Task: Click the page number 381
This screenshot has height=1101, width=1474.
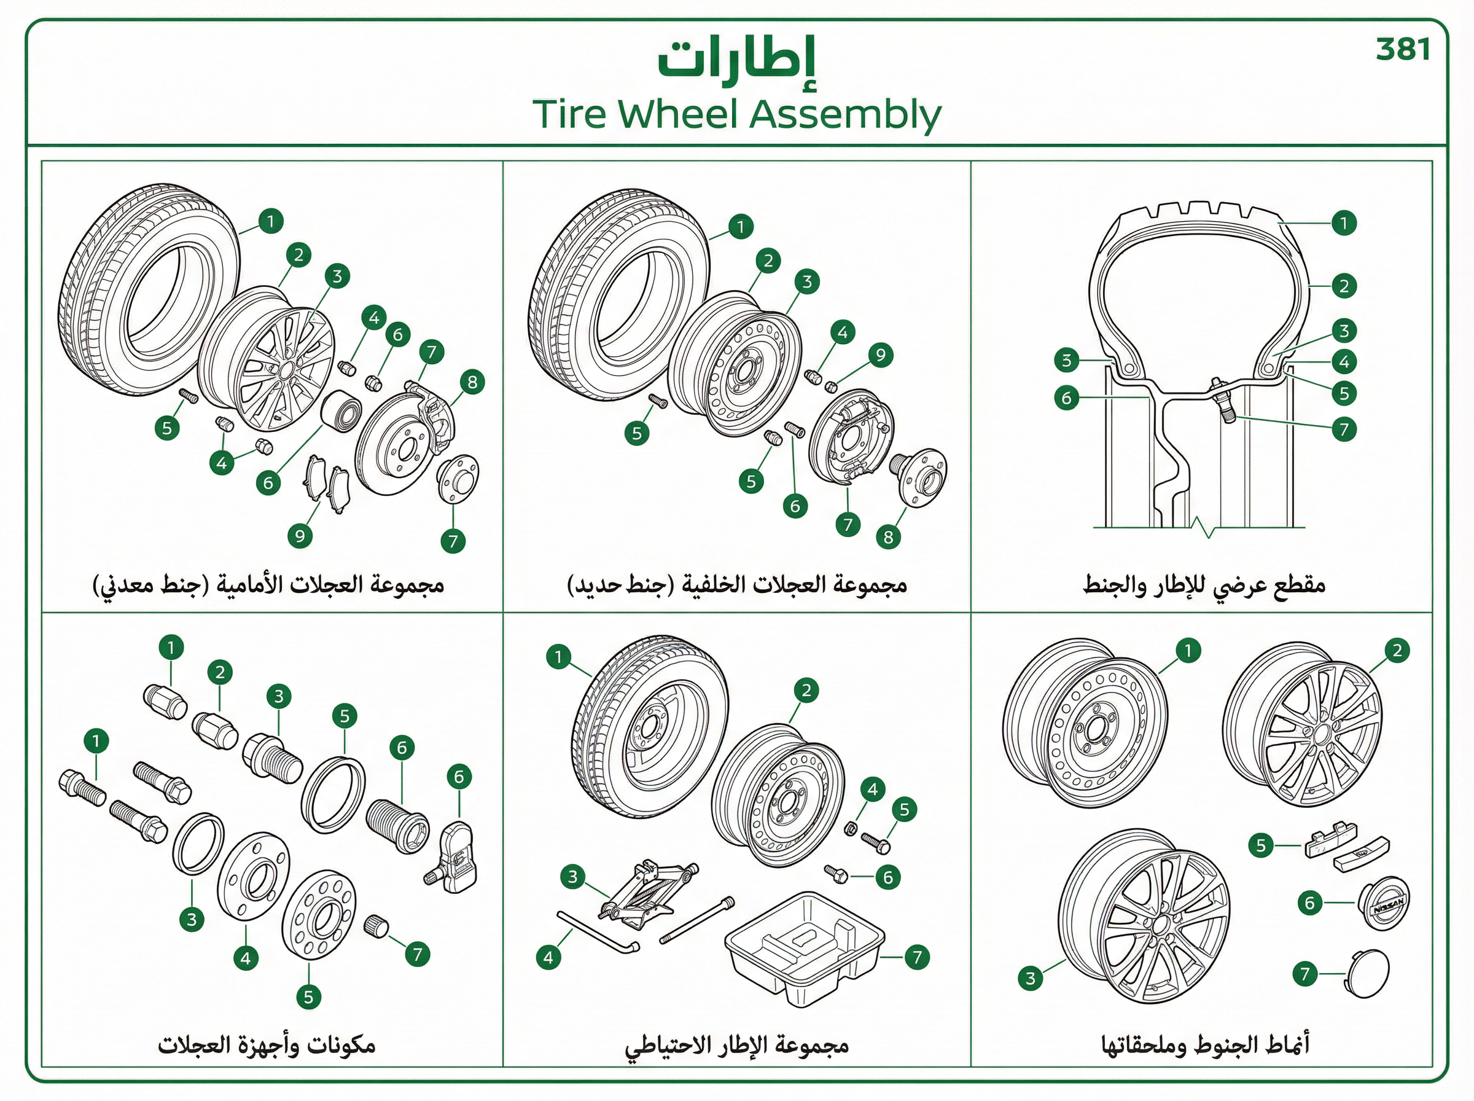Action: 1403,50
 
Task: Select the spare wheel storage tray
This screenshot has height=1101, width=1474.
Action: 804,950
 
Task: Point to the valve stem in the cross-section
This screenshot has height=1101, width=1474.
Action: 1221,399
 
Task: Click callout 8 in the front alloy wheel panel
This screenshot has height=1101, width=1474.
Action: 472,383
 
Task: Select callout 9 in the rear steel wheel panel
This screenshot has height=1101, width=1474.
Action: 881,355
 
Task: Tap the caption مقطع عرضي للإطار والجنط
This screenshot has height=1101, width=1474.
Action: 1203,585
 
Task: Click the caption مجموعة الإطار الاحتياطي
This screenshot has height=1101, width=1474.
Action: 736,1044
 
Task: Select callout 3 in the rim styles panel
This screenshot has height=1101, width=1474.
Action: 1031,978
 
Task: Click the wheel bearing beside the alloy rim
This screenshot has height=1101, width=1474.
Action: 341,411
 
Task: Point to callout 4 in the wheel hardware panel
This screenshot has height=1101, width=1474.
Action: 246,958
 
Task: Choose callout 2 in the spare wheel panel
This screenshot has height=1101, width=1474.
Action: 806,691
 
